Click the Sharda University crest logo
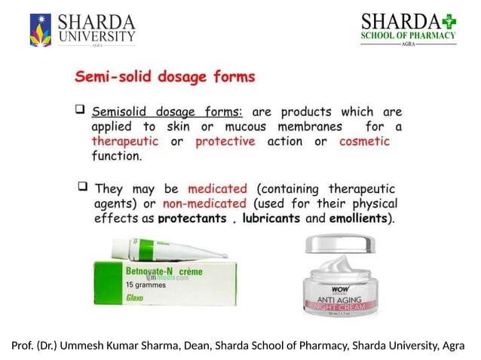pyautogui.click(x=40, y=29)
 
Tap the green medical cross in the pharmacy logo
pyautogui.click(x=449, y=20)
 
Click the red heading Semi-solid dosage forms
pyautogui.click(x=165, y=76)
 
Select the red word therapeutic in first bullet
pyautogui.click(x=125, y=142)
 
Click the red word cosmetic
pyautogui.click(x=364, y=142)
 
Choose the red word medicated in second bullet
pyautogui.click(x=217, y=188)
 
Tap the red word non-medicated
pyautogui.click(x=204, y=203)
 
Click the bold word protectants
pyautogui.click(x=191, y=219)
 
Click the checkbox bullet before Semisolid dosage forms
pyautogui.click(x=79, y=110)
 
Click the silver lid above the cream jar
pyautogui.click(x=339, y=243)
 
